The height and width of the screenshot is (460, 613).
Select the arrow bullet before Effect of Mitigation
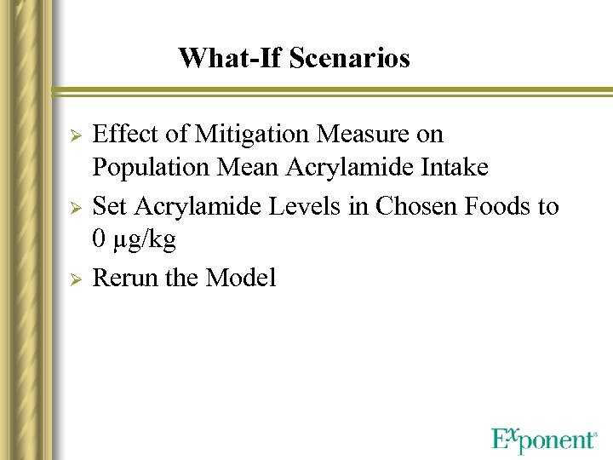point(74,136)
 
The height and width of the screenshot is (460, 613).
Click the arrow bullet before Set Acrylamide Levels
point(74,207)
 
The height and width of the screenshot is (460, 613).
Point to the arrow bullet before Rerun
point(74,279)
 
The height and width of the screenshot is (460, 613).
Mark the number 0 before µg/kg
point(99,240)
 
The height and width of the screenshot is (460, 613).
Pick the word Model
point(240,279)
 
